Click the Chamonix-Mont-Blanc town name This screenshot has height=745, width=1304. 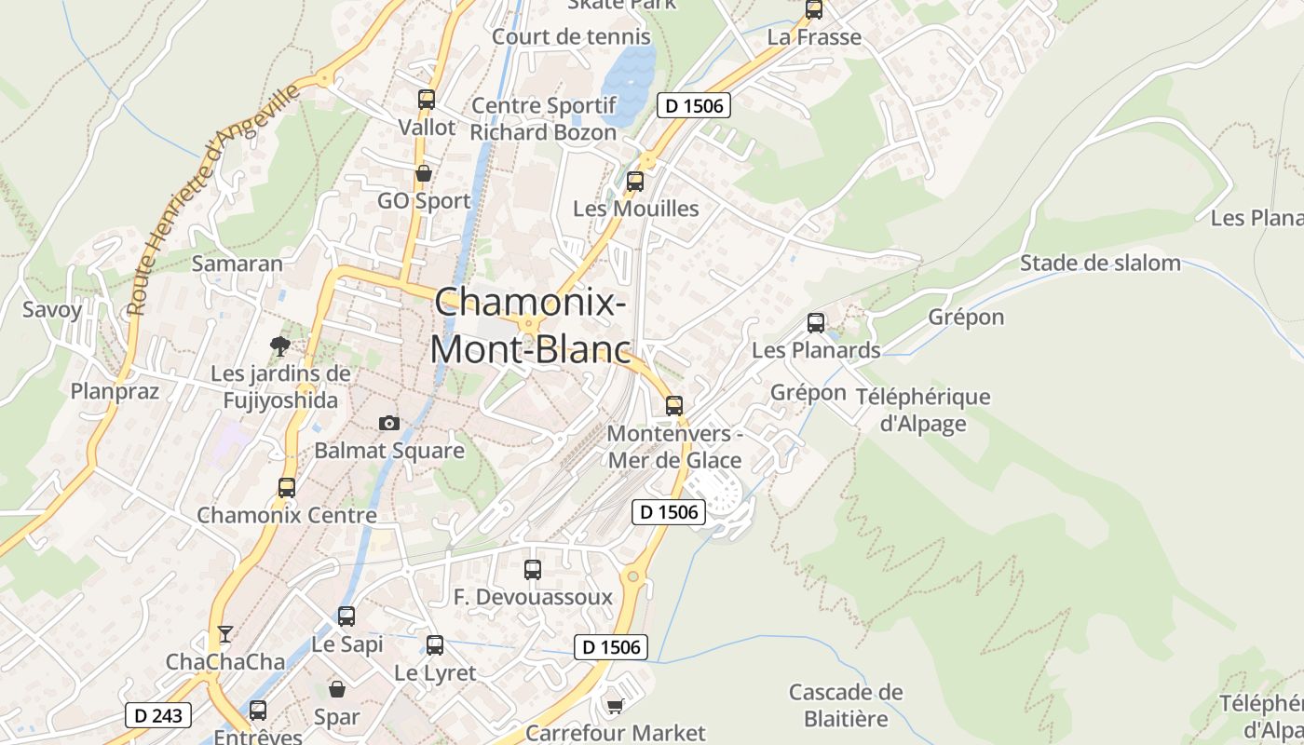coord(529,325)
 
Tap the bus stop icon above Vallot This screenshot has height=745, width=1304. coord(427,99)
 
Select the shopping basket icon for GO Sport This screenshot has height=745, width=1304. coord(424,173)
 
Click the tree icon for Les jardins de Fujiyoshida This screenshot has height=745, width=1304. coord(278,346)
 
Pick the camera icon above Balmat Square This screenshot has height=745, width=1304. coord(389,423)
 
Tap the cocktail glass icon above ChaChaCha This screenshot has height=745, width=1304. coord(224,634)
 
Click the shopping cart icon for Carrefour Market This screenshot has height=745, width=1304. coord(615,705)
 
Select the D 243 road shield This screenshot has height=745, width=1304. coord(158,715)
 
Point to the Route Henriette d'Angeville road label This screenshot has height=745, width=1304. coord(214,197)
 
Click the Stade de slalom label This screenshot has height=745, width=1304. coord(1100,263)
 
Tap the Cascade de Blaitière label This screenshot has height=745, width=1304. coord(846,705)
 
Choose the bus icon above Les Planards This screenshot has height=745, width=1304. coord(816,323)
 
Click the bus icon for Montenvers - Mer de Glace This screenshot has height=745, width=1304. coord(674,406)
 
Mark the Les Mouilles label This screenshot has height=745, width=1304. coord(635,209)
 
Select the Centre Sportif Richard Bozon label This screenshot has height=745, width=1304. coord(543,118)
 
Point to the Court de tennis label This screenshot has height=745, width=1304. coord(571,37)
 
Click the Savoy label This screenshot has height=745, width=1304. coord(52,309)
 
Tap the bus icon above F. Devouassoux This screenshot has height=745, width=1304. coord(533,570)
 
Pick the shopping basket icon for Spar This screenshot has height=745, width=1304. coord(337,689)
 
